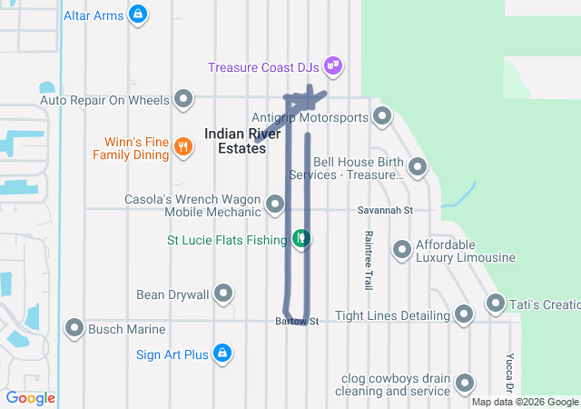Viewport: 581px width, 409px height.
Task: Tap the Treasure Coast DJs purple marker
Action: (x=334, y=65)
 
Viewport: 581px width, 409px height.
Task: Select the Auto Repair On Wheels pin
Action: (x=184, y=98)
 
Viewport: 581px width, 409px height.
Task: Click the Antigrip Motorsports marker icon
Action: (x=382, y=115)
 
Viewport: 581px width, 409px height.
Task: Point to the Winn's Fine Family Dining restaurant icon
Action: (x=182, y=146)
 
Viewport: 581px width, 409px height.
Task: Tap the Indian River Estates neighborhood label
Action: (x=235, y=140)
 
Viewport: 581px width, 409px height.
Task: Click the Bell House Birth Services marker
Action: (x=418, y=166)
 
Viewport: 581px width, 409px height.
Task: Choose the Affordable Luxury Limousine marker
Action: (x=402, y=249)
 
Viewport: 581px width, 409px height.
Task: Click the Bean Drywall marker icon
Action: (x=223, y=294)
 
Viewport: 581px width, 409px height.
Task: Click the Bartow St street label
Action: (x=298, y=321)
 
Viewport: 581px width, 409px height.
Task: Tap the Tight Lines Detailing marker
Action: (x=464, y=314)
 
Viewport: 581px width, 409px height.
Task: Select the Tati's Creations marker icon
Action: (x=496, y=302)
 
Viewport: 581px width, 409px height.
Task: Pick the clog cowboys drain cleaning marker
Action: (x=465, y=384)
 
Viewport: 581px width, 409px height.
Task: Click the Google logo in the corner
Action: (x=30, y=398)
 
